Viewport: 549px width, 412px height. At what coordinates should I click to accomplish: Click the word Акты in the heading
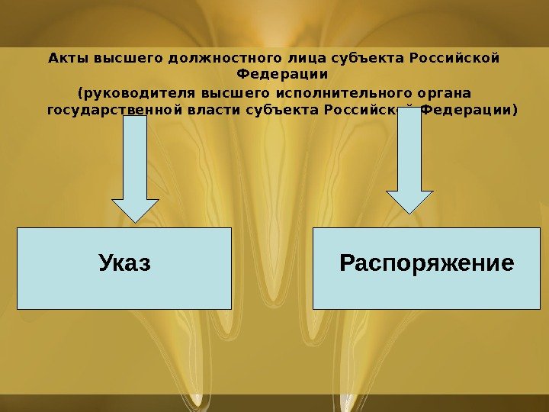(63, 58)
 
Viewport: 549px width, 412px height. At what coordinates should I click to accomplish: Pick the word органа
(443, 94)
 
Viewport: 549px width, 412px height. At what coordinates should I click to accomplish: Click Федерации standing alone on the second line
(282, 75)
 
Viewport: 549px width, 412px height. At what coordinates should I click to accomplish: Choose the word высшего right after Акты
(116, 58)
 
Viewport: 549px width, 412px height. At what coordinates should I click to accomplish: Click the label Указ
(124, 264)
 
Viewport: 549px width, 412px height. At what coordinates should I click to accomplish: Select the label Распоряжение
(426, 264)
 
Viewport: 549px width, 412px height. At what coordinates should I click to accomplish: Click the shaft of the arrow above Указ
(136, 160)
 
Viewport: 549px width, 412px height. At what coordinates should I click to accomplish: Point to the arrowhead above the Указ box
(136, 210)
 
